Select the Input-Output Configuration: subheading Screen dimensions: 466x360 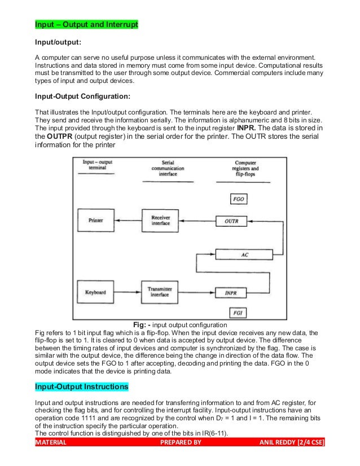tap(82, 96)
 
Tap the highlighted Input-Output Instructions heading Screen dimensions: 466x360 tap(82, 387)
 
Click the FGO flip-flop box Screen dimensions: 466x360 tap(238, 200)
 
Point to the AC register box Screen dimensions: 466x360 tap(244, 254)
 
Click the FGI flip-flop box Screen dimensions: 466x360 tap(238, 312)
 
